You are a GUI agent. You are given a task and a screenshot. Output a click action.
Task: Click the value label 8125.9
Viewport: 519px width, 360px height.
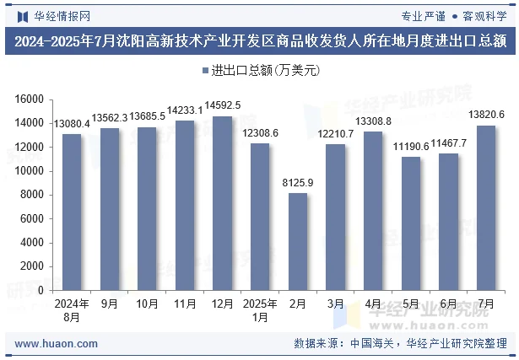click(298, 182)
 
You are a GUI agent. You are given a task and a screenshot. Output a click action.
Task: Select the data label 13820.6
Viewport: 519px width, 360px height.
click(487, 115)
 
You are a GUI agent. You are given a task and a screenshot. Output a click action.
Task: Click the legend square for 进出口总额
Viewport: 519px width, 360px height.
click(205, 71)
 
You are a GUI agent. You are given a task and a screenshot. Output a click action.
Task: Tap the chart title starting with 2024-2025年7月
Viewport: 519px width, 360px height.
click(259, 40)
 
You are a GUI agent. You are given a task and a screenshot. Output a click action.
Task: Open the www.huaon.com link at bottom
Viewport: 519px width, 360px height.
click(57, 343)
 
